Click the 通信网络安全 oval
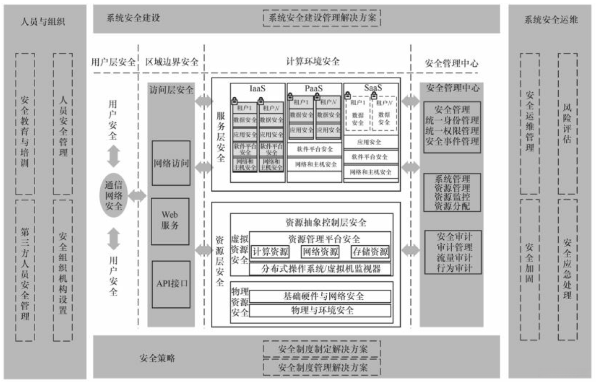tap(114, 196)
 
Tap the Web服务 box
tap(171, 221)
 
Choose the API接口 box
tap(171, 284)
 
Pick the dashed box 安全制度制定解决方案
tap(322, 349)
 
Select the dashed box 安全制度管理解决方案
tap(322, 368)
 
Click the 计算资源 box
tap(270, 252)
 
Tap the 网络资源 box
tap(320, 252)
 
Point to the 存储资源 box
tap(370, 252)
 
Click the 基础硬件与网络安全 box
tap(320, 296)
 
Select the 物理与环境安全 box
tap(320, 311)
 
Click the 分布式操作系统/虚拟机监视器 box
tap(320, 269)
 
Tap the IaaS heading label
tap(257, 88)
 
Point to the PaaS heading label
tap(314, 88)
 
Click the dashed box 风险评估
tap(568, 123)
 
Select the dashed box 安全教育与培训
tap(25, 123)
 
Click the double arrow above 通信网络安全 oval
tap(114, 156)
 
